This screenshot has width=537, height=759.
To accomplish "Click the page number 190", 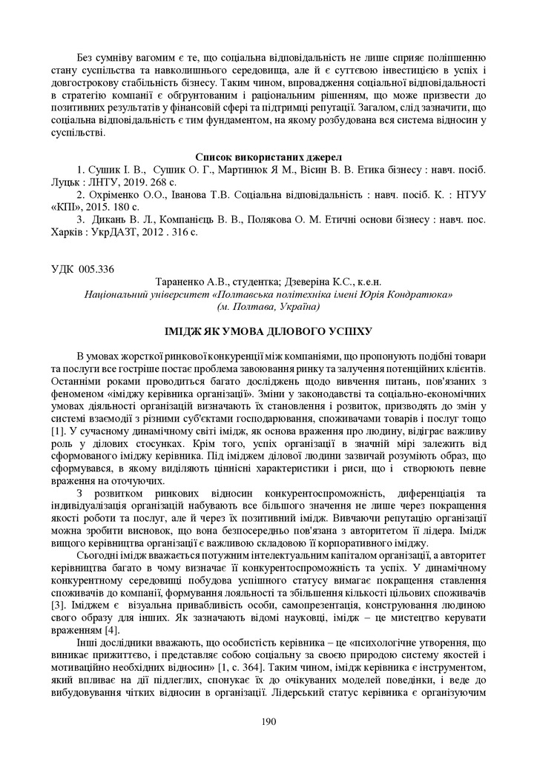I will click(x=268, y=721).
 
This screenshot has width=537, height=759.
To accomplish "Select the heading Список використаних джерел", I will click(x=268, y=156).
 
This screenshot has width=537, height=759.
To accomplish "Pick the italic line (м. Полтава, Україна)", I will click(x=268, y=305).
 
